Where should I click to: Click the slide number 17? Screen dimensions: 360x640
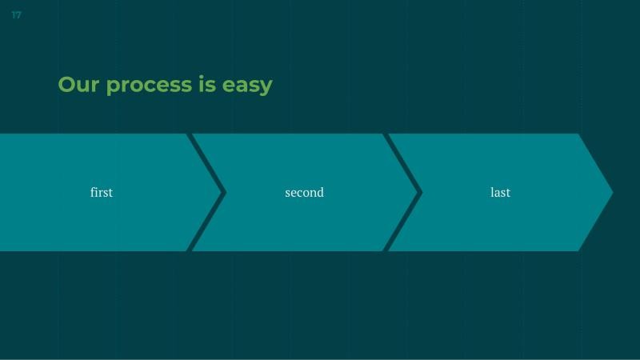[x=16, y=15]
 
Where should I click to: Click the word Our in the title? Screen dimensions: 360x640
[x=78, y=84]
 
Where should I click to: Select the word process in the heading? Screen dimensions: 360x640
[x=149, y=85]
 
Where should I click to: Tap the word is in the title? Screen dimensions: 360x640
[x=207, y=84]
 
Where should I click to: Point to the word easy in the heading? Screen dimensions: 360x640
[x=247, y=86]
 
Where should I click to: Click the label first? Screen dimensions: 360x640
[x=102, y=192]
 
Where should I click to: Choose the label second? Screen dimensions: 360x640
[x=304, y=192]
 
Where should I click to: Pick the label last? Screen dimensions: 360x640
[x=500, y=192]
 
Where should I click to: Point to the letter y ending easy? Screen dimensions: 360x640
[x=266, y=86]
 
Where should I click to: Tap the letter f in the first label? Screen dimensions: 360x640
[x=93, y=192]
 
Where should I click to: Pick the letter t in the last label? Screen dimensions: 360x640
[x=508, y=192]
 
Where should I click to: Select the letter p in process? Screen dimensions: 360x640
[x=113, y=86]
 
